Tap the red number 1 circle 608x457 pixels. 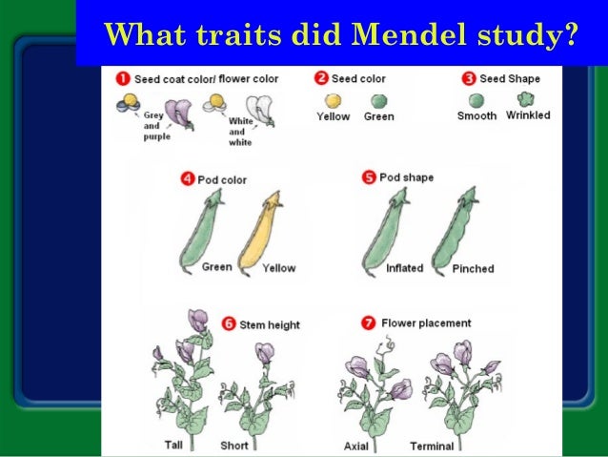(x=124, y=78)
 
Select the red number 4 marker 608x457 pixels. (x=187, y=178)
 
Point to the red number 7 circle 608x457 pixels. (x=369, y=323)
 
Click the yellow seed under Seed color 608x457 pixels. (x=333, y=100)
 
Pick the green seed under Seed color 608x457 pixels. (x=378, y=100)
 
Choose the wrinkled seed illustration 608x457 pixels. (x=525, y=99)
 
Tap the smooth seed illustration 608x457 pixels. (x=476, y=99)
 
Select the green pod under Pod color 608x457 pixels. (x=203, y=229)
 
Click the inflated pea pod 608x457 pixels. (x=386, y=229)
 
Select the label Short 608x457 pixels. (x=234, y=446)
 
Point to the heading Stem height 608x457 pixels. (x=270, y=325)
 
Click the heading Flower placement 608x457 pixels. (x=426, y=323)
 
